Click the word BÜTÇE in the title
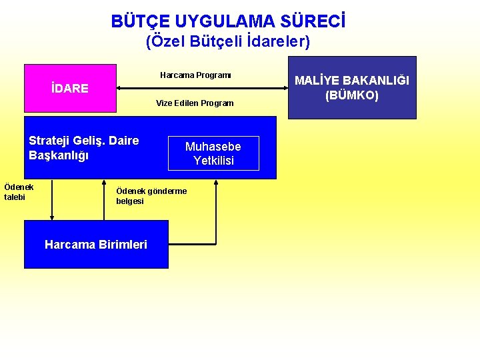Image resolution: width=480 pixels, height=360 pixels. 136,22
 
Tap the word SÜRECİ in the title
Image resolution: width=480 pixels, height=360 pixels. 315,22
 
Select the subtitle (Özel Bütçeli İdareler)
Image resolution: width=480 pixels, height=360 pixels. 227,41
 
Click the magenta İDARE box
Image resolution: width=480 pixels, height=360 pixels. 70,88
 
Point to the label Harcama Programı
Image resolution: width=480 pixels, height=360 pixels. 195,75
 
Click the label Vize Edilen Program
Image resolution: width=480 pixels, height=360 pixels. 195,103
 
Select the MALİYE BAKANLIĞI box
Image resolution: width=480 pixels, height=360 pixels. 351,87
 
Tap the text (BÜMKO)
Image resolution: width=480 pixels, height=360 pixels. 352,95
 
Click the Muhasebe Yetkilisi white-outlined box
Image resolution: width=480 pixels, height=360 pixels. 213,153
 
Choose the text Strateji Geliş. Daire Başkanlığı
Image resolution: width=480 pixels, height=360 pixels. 84,148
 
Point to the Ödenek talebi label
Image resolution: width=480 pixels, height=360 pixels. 19,192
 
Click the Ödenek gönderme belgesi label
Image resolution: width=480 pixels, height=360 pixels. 151,196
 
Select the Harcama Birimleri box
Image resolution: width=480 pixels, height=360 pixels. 96,245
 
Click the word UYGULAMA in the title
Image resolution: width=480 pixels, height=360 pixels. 221,22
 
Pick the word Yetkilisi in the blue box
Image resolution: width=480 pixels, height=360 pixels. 213,161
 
